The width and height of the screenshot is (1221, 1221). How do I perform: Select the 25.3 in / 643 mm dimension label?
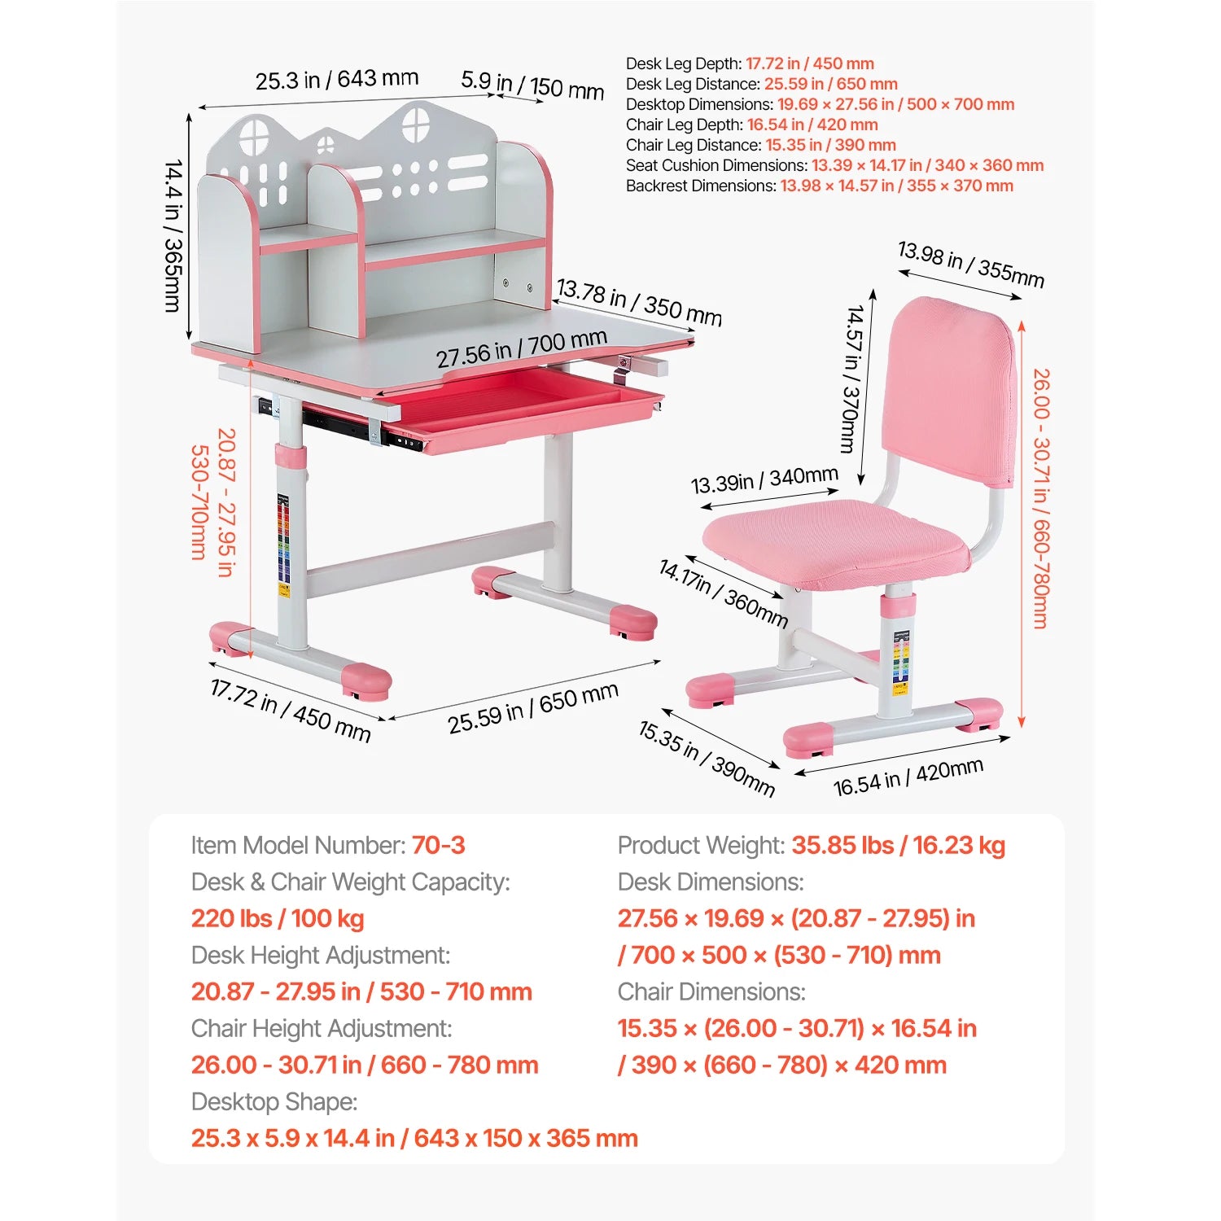(x=337, y=80)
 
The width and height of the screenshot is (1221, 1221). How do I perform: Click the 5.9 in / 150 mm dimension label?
(x=532, y=85)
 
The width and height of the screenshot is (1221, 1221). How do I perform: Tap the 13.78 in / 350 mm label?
(x=639, y=302)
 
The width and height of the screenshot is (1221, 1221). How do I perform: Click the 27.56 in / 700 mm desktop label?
(x=522, y=348)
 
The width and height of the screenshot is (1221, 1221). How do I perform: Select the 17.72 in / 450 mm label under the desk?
(x=291, y=711)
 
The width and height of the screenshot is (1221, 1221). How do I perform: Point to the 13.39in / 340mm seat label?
(x=764, y=480)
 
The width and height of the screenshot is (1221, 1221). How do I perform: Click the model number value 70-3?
(x=438, y=845)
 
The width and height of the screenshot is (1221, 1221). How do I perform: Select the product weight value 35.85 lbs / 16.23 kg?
(x=899, y=846)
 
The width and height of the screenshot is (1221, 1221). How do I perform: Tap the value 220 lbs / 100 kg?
(x=278, y=919)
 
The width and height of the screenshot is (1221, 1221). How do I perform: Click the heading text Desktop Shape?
(x=274, y=1102)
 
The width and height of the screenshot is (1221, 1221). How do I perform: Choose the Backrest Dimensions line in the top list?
(x=820, y=186)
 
